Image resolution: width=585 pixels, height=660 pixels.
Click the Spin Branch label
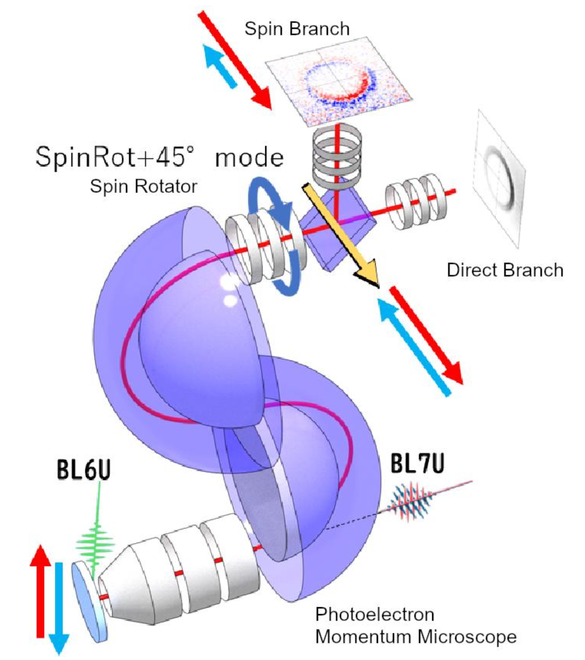click(297, 28)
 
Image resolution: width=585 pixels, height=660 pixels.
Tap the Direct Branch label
click(505, 270)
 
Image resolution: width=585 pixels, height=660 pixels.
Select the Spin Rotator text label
click(143, 186)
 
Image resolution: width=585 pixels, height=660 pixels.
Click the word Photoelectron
click(374, 614)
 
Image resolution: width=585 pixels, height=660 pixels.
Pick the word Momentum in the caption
click(364, 637)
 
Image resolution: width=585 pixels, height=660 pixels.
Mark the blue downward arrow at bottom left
click(59, 606)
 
